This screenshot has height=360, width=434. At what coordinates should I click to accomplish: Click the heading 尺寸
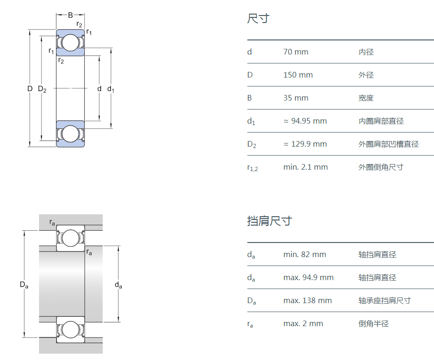pos(258,19)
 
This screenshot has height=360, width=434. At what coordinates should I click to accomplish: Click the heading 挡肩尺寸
pos(269,221)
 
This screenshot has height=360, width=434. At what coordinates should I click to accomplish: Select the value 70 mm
pos(296,52)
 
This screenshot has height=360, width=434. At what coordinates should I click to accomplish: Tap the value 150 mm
pos(298,75)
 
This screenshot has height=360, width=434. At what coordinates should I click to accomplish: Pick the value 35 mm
pos(296,98)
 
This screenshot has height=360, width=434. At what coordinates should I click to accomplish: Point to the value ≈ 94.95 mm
pos(305,121)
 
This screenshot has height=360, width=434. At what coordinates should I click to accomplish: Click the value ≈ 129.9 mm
pos(305,144)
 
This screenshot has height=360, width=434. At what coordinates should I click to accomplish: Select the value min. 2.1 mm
pos(306,167)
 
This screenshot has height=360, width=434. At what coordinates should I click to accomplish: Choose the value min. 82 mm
pos(305,254)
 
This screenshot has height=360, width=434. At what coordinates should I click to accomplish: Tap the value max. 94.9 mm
pos(308,277)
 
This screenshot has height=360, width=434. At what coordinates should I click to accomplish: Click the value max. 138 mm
pos(308,300)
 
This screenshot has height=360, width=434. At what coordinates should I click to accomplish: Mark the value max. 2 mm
pos(303,323)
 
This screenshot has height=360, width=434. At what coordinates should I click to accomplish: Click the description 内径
pos(366,52)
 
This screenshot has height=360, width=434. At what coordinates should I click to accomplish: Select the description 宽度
pos(366,98)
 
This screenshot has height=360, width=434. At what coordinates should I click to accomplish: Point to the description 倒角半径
pos(373,323)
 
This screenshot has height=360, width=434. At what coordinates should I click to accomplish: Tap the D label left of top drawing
pos(29,88)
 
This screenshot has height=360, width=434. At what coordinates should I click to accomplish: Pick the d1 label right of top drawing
pos(111,89)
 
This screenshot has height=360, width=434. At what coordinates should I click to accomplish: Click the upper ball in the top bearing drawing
pos(71,43)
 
